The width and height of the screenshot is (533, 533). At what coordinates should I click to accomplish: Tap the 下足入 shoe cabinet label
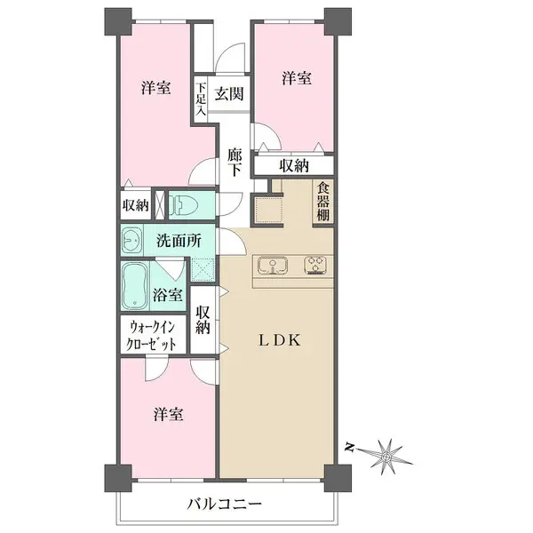point(202,99)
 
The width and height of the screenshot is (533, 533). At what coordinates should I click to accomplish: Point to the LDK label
point(282,339)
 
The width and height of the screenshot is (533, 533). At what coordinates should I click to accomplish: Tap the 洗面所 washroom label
point(179,240)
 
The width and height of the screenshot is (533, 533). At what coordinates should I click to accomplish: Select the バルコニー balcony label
point(224,504)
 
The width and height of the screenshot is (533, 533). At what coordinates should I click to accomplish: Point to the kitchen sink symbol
point(272,264)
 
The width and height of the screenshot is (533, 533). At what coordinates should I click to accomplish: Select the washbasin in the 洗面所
point(132,240)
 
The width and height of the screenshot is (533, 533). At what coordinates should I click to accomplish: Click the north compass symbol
point(387,453)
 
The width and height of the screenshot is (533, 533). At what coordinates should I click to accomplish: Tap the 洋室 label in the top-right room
point(297,78)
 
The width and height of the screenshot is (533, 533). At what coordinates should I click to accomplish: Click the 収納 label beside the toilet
point(136,204)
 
